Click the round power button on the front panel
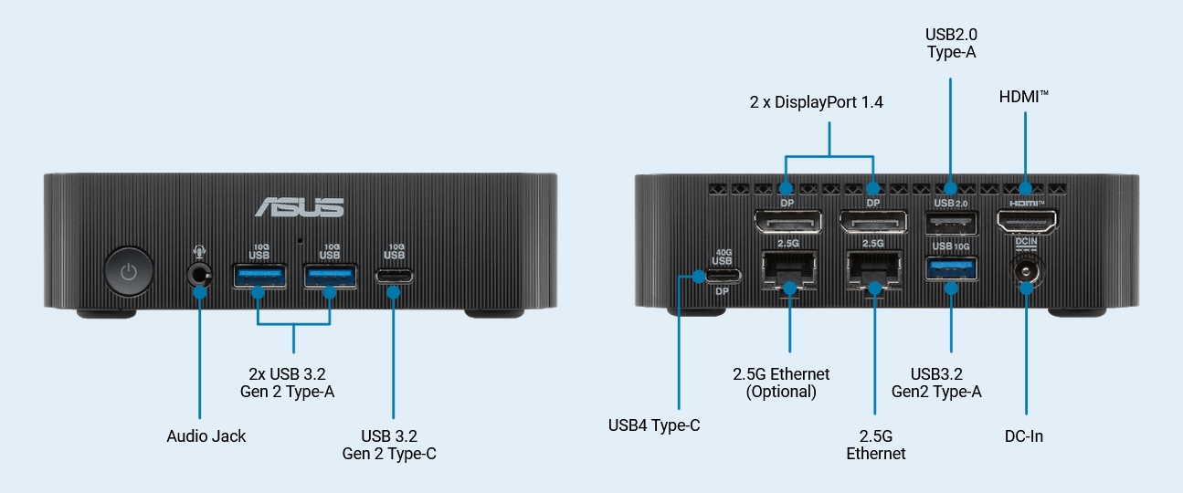(x=129, y=271)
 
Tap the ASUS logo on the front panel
(x=300, y=206)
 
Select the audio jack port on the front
(x=199, y=274)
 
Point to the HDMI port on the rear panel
(x=1025, y=221)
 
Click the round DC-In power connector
(x=1025, y=271)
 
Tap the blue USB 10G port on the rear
(x=951, y=268)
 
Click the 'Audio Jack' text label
(x=206, y=436)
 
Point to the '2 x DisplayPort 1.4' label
(x=829, y=102)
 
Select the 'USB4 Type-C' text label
(x=654, y=425)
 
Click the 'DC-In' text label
(x=1024, y=436)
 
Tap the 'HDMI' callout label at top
(x=1024, y=95)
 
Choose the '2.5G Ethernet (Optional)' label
(x=781, y=383)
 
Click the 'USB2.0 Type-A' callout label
(x=951, y=43)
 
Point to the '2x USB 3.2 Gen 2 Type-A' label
(x=293, y=383)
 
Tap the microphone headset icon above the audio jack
(x=199, y=251)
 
